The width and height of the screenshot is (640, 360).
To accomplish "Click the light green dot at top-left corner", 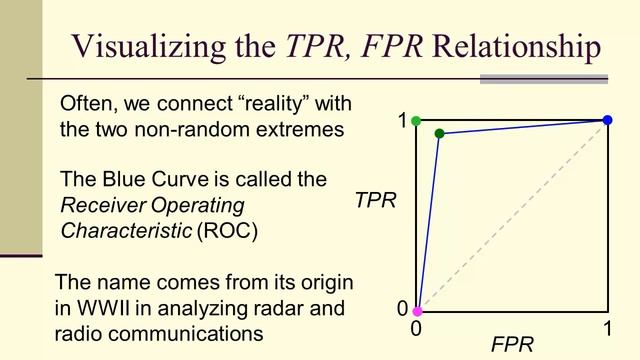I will click(416, 121).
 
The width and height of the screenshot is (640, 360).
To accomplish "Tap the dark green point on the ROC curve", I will click(439, 133).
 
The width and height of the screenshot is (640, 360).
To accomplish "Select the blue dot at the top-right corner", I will click(607, 121).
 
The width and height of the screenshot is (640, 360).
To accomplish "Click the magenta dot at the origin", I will click(417, 311).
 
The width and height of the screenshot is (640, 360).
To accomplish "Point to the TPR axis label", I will click(375, 200).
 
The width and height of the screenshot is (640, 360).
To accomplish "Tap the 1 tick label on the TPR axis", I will click(402, 122).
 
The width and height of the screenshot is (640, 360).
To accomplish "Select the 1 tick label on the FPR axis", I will click(606, 328).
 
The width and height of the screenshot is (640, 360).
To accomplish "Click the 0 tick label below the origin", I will click(418, 328).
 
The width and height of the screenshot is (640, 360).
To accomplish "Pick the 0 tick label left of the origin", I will click(402, 309).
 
